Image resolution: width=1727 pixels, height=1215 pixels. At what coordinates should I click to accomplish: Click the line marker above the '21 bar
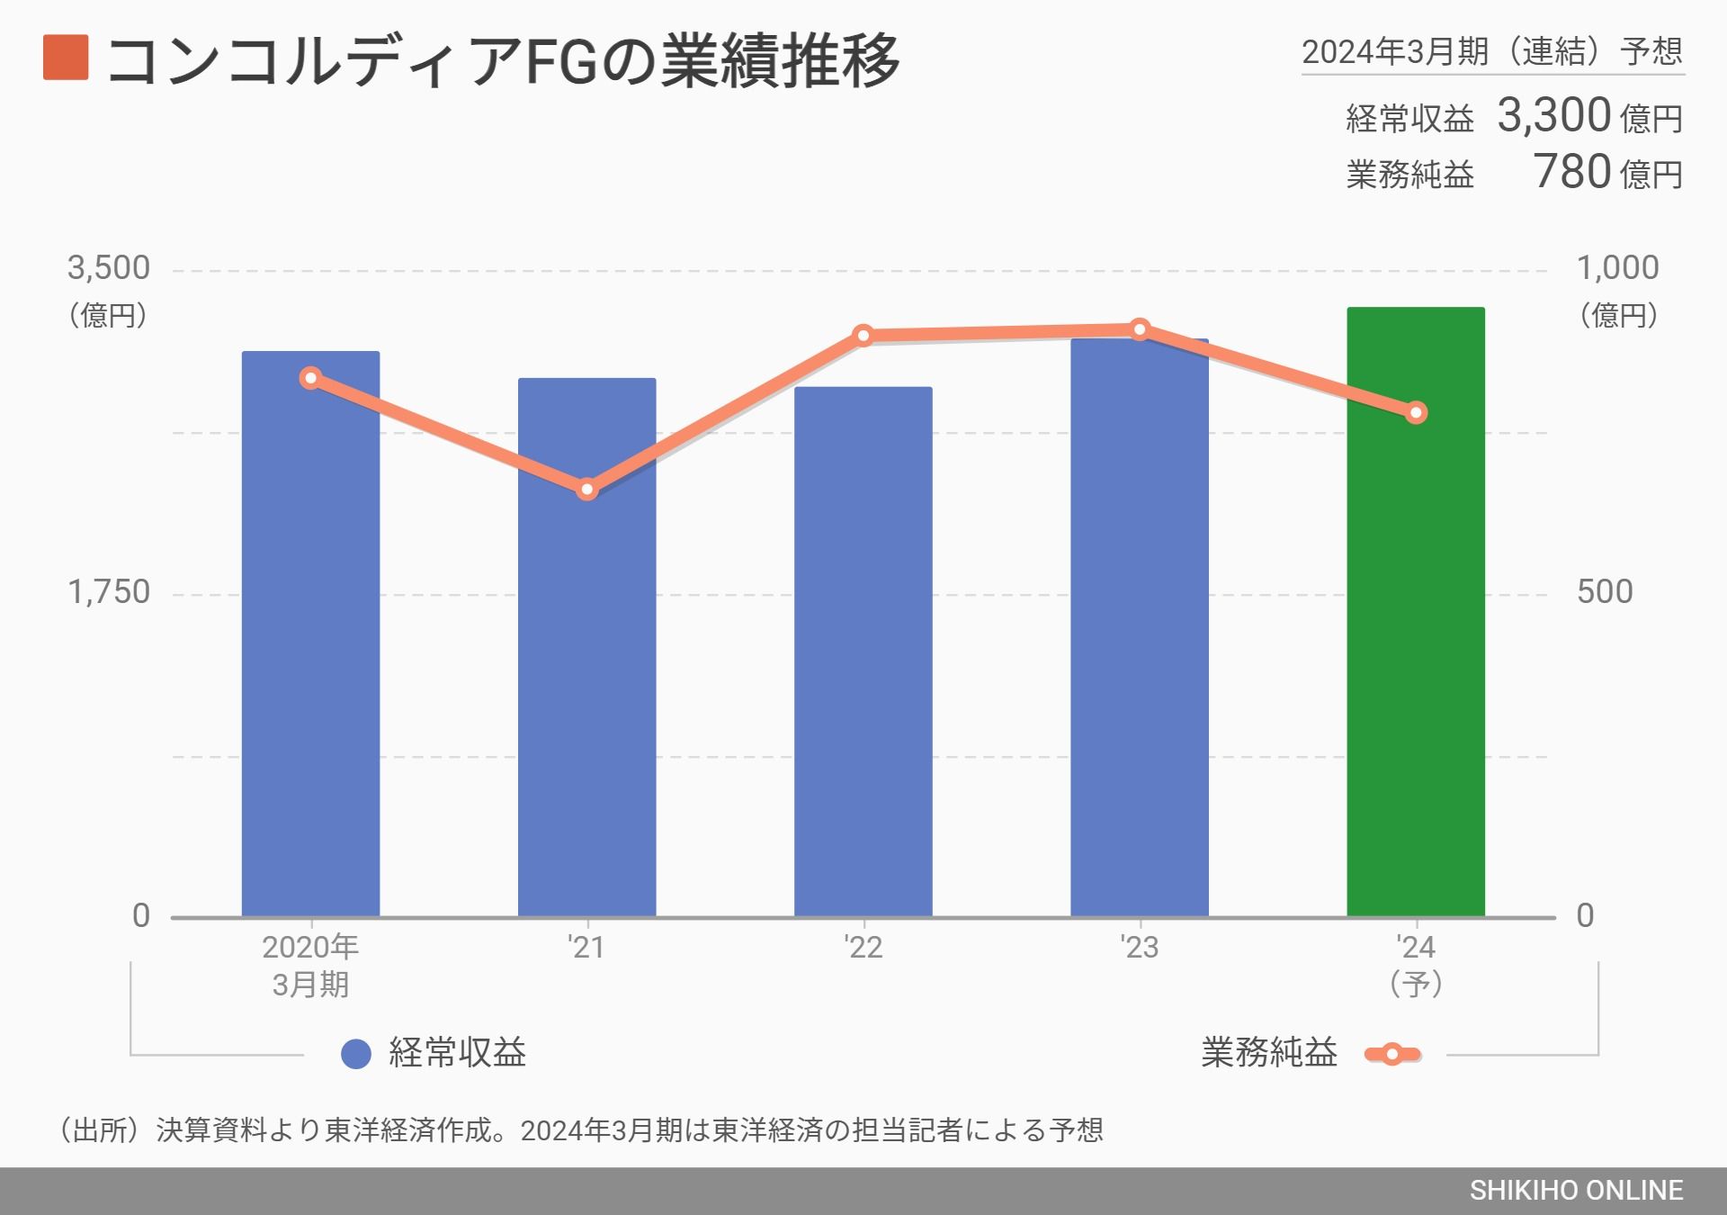point(587,490)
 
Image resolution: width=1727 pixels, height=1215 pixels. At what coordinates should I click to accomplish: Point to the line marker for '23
point(1140,329)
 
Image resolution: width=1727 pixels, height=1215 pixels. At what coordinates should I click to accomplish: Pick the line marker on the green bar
point(1416,413)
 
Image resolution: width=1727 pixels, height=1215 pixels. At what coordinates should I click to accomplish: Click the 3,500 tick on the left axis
point(109,268)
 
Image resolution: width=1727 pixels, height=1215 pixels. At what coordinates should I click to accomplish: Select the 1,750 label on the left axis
point(109,592)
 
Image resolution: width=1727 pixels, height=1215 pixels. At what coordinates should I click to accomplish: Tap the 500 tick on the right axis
point(1605,592)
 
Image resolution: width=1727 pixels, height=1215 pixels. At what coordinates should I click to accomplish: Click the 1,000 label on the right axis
point(1617,268)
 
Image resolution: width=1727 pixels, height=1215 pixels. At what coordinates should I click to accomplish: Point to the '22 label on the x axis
point(863,947)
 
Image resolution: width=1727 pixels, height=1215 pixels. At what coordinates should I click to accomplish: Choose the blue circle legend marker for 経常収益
point(356,1054)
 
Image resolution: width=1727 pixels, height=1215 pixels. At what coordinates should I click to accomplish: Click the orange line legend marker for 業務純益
point(1391,1054)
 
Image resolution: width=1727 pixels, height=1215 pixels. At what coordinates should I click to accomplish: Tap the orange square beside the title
point(66,58)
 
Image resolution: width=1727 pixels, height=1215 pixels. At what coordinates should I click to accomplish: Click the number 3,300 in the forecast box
point(1553,116)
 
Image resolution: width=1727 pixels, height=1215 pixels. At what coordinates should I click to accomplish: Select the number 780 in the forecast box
point(1571,172)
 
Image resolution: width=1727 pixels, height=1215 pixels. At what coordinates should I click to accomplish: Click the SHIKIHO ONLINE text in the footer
point(1576,1191)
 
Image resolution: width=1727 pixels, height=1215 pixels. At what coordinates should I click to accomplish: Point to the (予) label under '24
point(1416,984)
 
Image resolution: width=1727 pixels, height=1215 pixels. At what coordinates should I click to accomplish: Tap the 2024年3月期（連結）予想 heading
point(1492,51)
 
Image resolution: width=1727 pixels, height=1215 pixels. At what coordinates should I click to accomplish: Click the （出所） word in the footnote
point(99,1129)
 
